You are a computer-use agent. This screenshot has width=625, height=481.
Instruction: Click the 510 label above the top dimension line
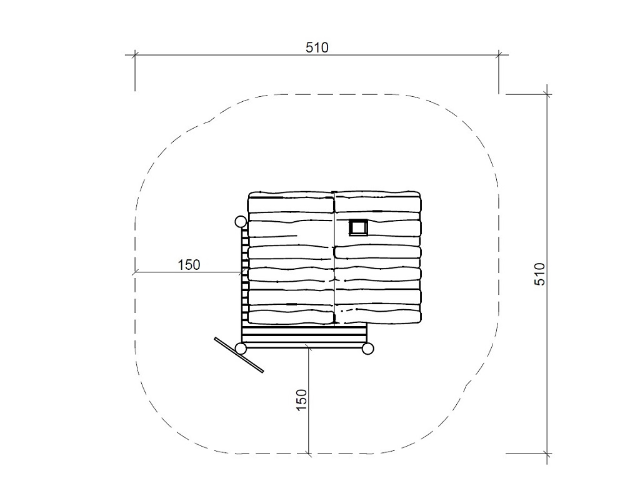[317, 47]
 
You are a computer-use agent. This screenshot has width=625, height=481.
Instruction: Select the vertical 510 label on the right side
[539, 274]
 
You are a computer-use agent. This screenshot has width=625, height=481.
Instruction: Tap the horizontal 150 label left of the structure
[189, 265]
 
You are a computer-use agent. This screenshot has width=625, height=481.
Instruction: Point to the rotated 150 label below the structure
[302, 400]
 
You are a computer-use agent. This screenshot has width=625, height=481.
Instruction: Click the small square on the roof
[358, 227]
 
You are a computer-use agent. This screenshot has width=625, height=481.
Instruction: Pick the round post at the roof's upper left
[241, 222]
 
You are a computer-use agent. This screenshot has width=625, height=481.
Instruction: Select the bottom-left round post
[241, 349]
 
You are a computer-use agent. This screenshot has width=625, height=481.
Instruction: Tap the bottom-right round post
[367, 349]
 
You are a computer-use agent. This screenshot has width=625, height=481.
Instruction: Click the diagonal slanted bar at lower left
[239, 355]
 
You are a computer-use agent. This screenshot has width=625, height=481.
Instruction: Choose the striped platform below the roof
[304, 336]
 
